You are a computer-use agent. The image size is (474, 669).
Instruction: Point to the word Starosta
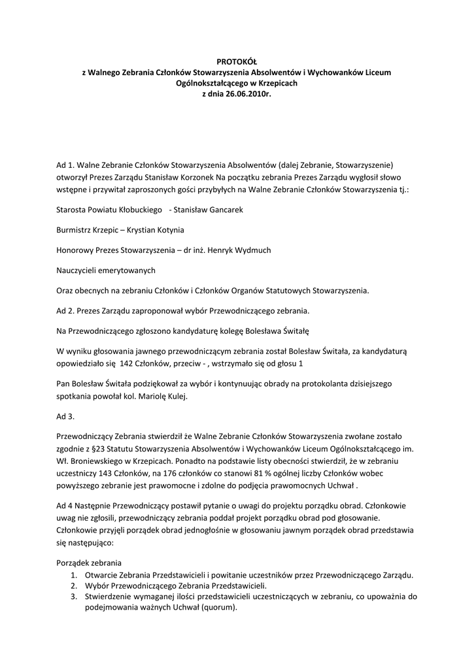pos(73,210)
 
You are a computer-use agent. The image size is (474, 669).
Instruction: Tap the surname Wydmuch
pos(252,250)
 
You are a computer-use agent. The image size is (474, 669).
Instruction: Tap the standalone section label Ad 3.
pos(66,416)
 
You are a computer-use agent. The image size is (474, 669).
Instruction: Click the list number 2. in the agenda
pos(74,586)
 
